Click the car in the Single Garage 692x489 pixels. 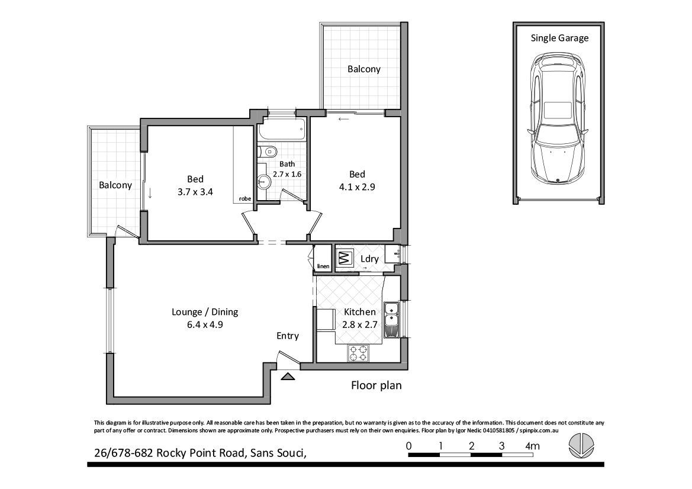(558, 119)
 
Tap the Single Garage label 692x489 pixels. (559, 38)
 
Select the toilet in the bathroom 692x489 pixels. (267, 152)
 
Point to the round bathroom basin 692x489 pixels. (265, 181)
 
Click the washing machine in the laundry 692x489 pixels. (345, 257)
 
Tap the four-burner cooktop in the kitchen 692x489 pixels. (358, 353)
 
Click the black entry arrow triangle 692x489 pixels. (288, 376)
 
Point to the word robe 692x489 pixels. (245, 198)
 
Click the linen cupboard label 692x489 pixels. (323, 266)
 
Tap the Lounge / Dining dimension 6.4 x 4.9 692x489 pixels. (204, 325)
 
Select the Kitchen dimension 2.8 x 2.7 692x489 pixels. (360, 325)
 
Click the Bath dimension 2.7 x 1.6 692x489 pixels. (287, 174)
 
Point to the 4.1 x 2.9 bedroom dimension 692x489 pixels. (357, 186)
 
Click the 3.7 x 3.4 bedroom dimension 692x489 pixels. (195, 192)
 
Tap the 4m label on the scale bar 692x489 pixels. (532, 446)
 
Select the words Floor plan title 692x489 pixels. (376, 385)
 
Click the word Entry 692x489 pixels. (288, 336)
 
